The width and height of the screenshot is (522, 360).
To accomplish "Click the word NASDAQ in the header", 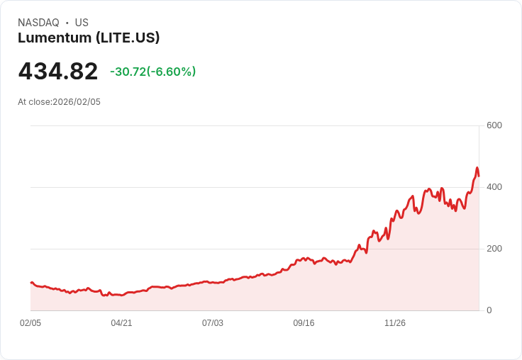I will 38,23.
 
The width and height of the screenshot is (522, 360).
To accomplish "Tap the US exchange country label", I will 82,23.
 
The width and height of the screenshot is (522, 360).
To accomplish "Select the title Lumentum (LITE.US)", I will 89,38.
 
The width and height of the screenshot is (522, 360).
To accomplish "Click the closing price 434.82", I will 58,72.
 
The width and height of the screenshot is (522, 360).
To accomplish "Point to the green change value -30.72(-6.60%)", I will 152,72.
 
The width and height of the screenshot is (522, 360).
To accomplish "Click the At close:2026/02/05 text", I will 59,102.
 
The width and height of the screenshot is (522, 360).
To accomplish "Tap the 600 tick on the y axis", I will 494,125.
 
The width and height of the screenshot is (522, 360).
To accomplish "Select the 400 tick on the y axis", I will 494,187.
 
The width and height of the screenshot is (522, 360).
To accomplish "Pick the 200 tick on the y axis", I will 494,249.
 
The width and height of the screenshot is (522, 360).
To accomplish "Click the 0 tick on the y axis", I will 489,310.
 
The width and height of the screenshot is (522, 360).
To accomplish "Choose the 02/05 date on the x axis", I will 30,323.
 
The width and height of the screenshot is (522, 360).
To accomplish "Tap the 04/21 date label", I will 121,323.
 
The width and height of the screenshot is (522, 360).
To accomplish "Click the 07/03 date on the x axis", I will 212,323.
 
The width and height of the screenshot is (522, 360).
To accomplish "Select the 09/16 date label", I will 304,323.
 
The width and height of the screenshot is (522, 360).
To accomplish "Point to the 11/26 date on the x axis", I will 394,323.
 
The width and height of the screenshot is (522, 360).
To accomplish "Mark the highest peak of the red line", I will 477,168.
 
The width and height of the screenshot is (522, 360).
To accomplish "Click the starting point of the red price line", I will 30,283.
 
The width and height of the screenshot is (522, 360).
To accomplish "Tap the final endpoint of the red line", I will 479,176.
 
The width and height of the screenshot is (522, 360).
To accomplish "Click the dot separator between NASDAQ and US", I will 67,23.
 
